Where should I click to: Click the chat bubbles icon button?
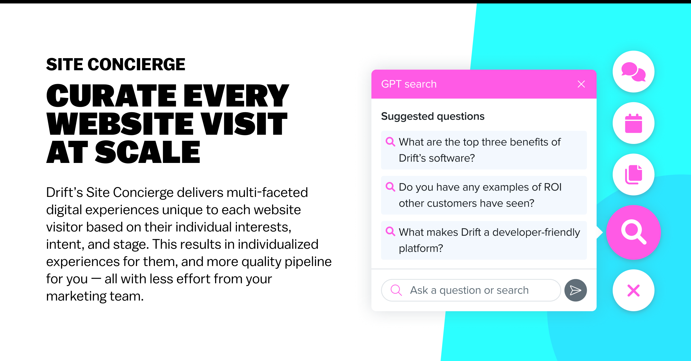[633, 72]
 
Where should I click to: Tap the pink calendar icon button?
[633, 123]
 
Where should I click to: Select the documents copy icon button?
[633, 174]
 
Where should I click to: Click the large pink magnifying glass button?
[633, 232]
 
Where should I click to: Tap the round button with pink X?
[633, 290]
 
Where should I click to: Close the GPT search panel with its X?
[581, 84]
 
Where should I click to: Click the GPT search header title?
[409, 84]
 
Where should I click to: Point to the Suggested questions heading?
[433, 116]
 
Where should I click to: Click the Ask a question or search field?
[471, 290]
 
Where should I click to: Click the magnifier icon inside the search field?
[396, 290]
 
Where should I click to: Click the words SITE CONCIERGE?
[115, 64]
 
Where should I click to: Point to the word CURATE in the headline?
[111, 96]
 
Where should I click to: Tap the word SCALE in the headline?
[147, 152]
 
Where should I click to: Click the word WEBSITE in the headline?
[120, 124]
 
